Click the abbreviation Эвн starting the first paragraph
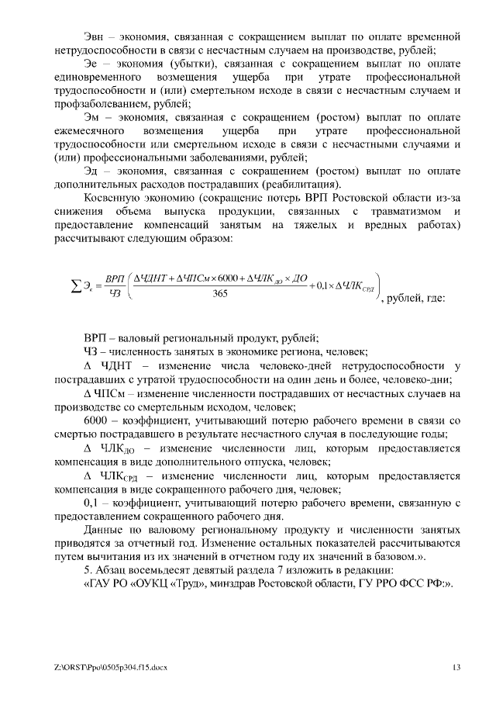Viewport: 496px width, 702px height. [95, 36]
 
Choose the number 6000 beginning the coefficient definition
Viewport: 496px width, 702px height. [96, 420]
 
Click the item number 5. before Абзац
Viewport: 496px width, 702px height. [87, 572]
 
